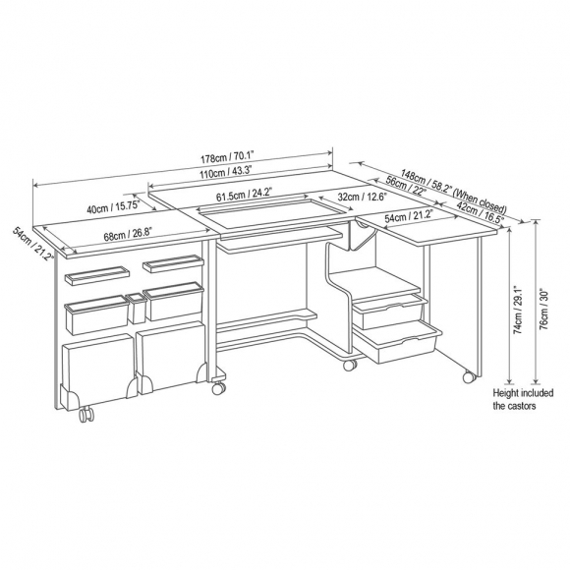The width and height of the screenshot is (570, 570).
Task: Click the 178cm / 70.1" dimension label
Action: (227, 157)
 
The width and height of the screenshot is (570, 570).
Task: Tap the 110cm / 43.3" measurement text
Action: (225, 171)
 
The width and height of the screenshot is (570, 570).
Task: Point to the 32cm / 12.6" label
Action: (362, 197)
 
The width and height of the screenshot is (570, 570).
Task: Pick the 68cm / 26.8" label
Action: (127, 234)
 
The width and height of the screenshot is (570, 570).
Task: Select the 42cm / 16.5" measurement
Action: (481, 211)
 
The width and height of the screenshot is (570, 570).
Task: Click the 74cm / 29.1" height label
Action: (518, 310)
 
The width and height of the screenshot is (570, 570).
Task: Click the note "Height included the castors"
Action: (523, 399)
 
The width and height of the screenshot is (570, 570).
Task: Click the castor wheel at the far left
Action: (86, 415)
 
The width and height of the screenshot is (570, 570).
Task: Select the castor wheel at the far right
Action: (469, 377)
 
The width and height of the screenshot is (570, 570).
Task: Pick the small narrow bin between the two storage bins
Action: (136, 309)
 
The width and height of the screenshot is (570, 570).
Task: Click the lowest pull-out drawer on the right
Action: (398, 341)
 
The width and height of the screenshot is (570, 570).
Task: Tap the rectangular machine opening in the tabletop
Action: (274, 211)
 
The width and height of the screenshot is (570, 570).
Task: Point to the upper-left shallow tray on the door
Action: (97, 275)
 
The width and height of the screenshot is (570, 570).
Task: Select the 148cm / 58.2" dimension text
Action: (427, 181)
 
